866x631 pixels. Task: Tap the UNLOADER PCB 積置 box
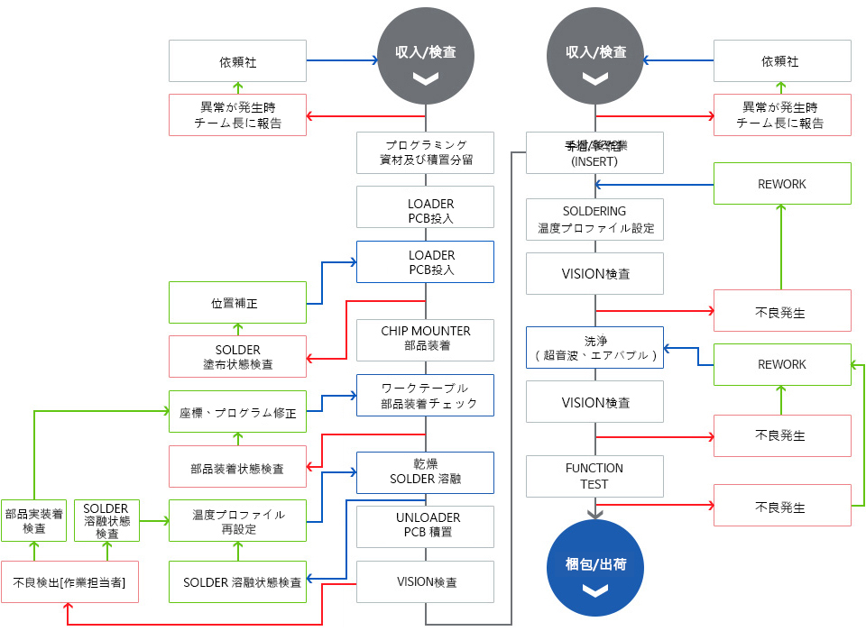[425, 526]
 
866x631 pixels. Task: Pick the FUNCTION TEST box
[594, 476]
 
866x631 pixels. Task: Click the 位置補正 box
[237, 303]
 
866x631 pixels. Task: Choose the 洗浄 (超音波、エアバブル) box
[594, 347]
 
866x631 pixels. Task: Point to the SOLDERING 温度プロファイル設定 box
[594, 219]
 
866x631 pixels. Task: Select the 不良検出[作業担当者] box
[69, 582]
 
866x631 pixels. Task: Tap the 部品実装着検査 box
[33, 520]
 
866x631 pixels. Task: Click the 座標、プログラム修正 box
[237, 411]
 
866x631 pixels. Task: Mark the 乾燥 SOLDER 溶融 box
[425, 471]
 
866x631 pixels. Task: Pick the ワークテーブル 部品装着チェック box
[425, 395]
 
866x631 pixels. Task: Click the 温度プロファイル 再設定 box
[237, 520]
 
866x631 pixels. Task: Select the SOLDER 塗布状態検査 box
[237, 356]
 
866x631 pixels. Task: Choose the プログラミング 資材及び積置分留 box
[425, 153]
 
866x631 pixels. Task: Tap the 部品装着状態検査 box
[237, 467]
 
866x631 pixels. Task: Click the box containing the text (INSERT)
[594, 152]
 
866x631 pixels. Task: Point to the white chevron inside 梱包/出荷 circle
[594, 591]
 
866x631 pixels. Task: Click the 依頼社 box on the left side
[237, 61]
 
